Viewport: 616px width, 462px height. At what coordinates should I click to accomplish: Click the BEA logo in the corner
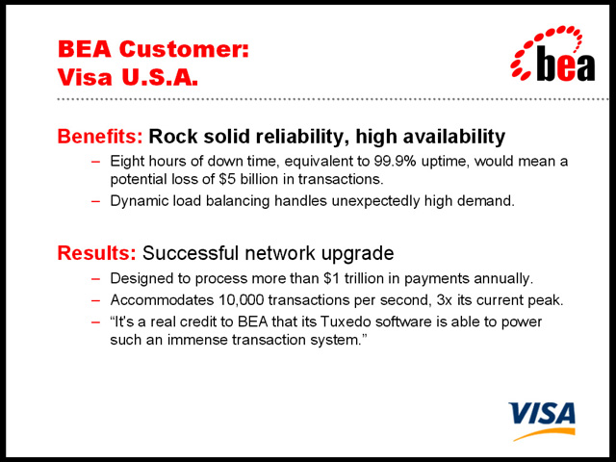[x=552, y=54]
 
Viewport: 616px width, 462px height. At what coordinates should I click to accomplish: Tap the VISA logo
[x=542, y=421]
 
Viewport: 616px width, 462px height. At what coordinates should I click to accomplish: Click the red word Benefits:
[x=100, y=137]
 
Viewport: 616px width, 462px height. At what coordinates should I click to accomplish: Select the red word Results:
[x=96, y=252]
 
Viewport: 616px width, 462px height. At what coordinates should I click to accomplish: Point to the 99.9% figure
[x=395, y=161]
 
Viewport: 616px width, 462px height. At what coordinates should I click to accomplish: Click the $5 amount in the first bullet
[x=227, y=179]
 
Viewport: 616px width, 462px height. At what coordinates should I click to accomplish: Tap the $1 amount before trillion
[x=331, y=278]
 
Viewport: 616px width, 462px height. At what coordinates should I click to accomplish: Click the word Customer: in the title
[x=184, y=49]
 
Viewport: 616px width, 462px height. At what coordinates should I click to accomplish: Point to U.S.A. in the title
[x=160, y=77]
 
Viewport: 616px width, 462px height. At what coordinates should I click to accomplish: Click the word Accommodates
[x=162, y=300]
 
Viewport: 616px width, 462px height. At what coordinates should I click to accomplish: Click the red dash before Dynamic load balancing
[x=96, y=201]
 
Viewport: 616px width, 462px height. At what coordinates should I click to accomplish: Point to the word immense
[x=197, y=340]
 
